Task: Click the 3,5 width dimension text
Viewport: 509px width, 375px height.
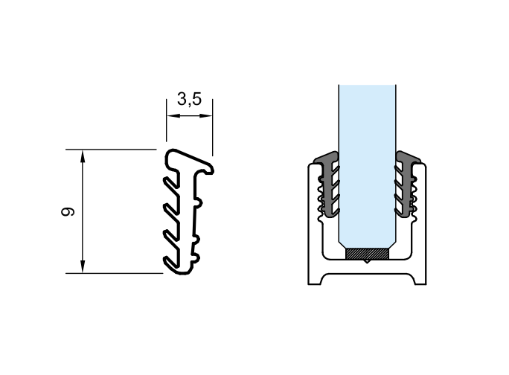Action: coord(189,99)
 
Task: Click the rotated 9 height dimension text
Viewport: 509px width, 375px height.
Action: coord(68,211)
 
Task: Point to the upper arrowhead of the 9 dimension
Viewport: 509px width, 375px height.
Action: coord(83,156)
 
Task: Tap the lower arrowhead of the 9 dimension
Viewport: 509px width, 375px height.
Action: coord(83,267)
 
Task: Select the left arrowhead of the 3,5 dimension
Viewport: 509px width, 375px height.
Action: coord(173,115)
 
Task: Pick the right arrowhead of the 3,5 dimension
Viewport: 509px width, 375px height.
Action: coord(206,115)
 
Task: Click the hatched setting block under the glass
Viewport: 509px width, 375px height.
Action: coord(367,254)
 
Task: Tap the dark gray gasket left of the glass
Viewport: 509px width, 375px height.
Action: coord(328,185)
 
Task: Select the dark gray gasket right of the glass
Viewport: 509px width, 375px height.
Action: coord(406,185)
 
